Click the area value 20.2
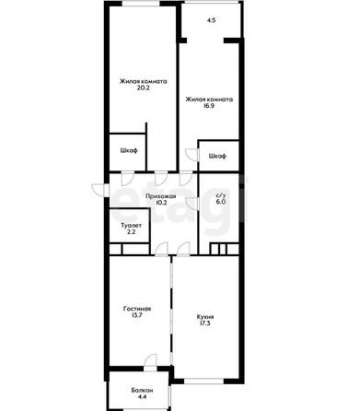click(x=144, y=88)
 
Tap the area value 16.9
click(x=208, y=106)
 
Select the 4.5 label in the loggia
click(x=211, y=20)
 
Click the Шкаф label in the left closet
click(x=129, y=150)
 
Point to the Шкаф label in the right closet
click(x=217, y=156)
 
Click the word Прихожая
click(x=160, y=196)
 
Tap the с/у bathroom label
click(x=219, y=195)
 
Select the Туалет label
click(x=132, y=226)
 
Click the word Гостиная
click(x=137, y=309)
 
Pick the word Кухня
click(x=205, y=317)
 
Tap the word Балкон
click(x=142, y=391)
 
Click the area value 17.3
click(x=204, y=323)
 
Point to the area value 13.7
click(x=136, y=315)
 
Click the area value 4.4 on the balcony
click(x=142, y=397)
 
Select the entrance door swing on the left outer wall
click(x=99, y=190)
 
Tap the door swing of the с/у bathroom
click(x=192, y=205)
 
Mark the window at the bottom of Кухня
click(x=203, y=382)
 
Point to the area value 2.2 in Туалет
click(x=132, y=232)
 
